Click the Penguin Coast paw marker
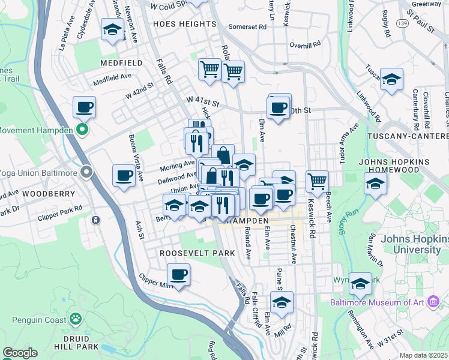click(x=76, y=319)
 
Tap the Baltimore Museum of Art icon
click(x=434, y=302)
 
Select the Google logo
click(x=20, y=353)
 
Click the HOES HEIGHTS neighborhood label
click(x=184, y=24)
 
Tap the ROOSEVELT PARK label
click(x=197, y=253)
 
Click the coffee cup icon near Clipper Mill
click(x=178, y=275)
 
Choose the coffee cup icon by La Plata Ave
click(x=85, y=107)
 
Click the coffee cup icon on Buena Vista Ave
click(x=124, y=175)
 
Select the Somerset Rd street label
click(x=247, y=27)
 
